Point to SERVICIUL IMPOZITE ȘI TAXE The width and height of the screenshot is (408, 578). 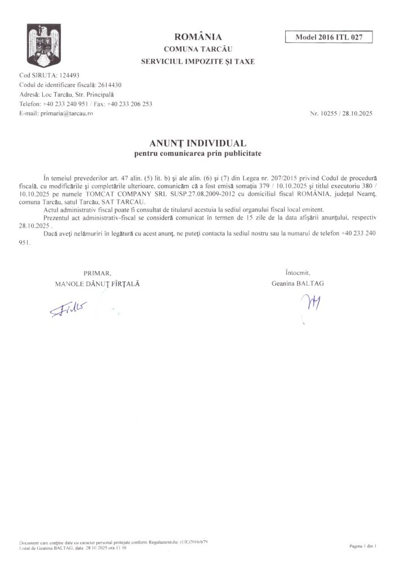(198, 62)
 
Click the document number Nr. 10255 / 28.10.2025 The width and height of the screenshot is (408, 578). (340, 113)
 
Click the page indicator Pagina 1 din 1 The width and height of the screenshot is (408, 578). (363, 546)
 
